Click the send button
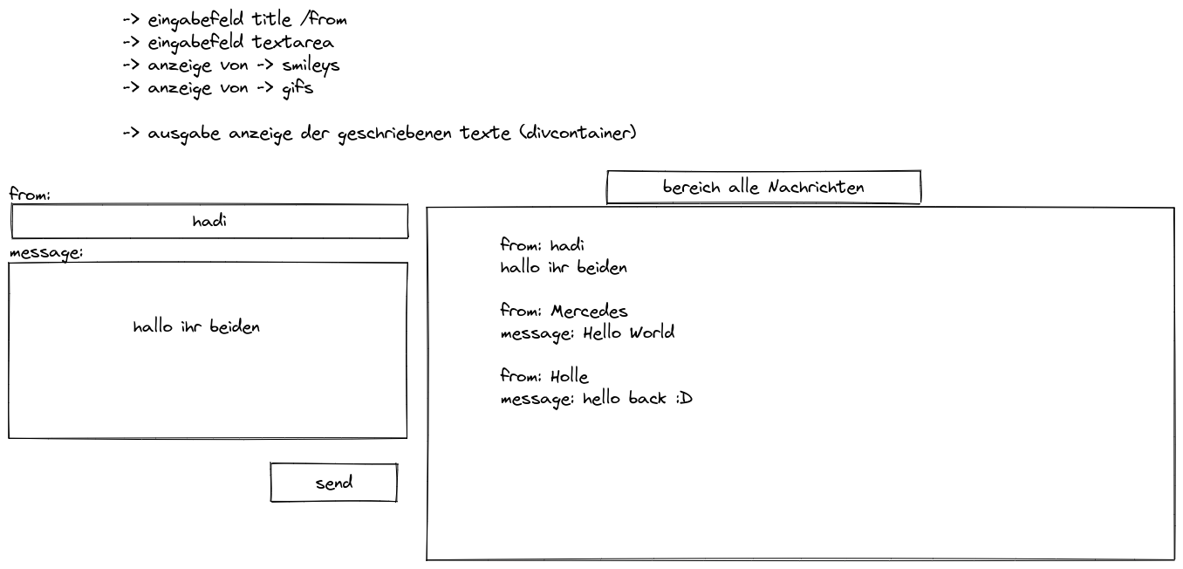(333, 483)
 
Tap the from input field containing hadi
(209, 222)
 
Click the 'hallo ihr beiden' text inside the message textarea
(196, 327)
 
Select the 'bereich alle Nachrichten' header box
(763, 188)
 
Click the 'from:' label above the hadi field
(31, 195)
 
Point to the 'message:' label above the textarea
(45, 253)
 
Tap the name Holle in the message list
(570, 377)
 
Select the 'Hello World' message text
(628, 332)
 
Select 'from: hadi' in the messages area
(542, 245)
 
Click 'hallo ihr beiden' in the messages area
(564, 267)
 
